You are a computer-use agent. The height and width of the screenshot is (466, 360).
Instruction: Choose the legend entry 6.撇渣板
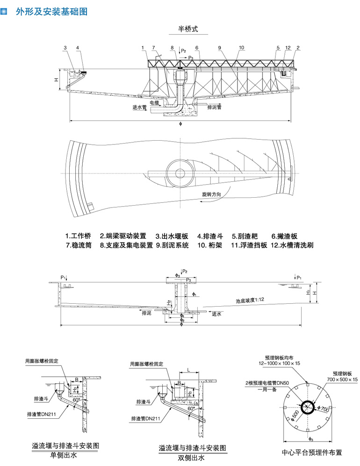tap(284, 236)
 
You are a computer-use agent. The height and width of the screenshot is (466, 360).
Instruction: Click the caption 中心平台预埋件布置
tap(312, 452)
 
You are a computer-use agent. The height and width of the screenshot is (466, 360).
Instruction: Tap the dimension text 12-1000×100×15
tap(280, 363)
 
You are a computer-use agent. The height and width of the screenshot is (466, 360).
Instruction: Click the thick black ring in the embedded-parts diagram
tap(308, 408)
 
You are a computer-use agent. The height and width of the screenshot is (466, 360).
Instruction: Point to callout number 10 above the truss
tap(241, 48)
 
